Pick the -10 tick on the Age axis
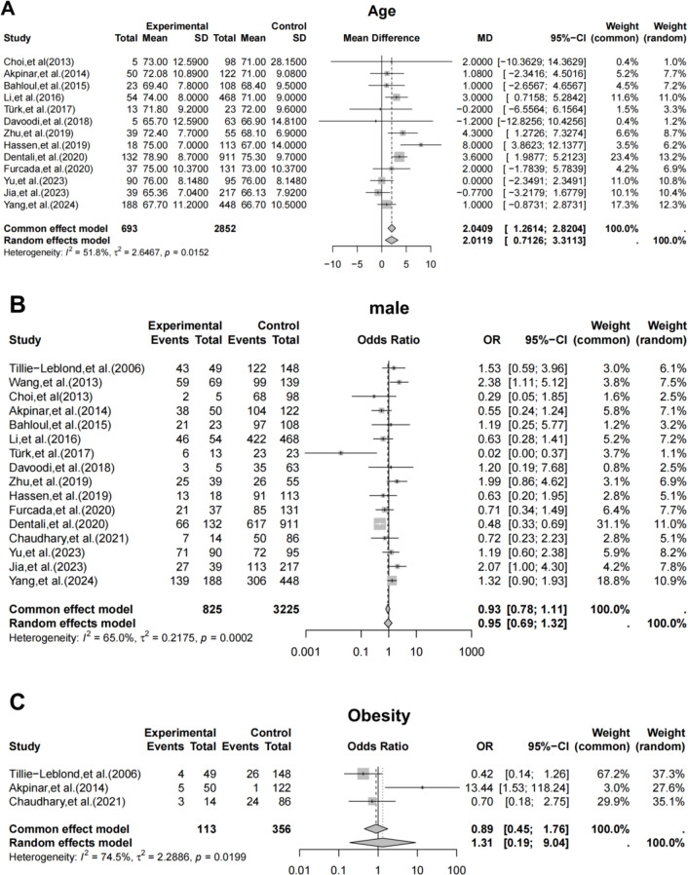(x=334, y=264)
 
